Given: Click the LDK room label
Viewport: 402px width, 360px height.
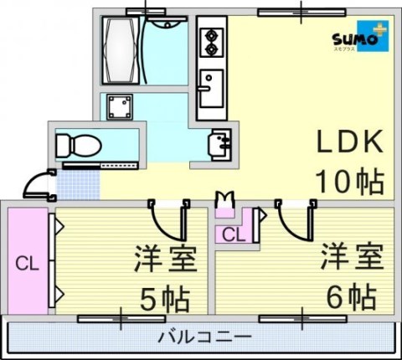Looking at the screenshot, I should click(x=348, y=141).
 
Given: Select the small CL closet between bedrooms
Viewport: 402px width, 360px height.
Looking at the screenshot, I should click(x=234, y=234).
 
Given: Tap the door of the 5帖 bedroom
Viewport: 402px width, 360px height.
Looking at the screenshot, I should click(x=167, y=219).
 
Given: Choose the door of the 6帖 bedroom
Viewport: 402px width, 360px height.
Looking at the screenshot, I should click(x=295, y=219).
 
